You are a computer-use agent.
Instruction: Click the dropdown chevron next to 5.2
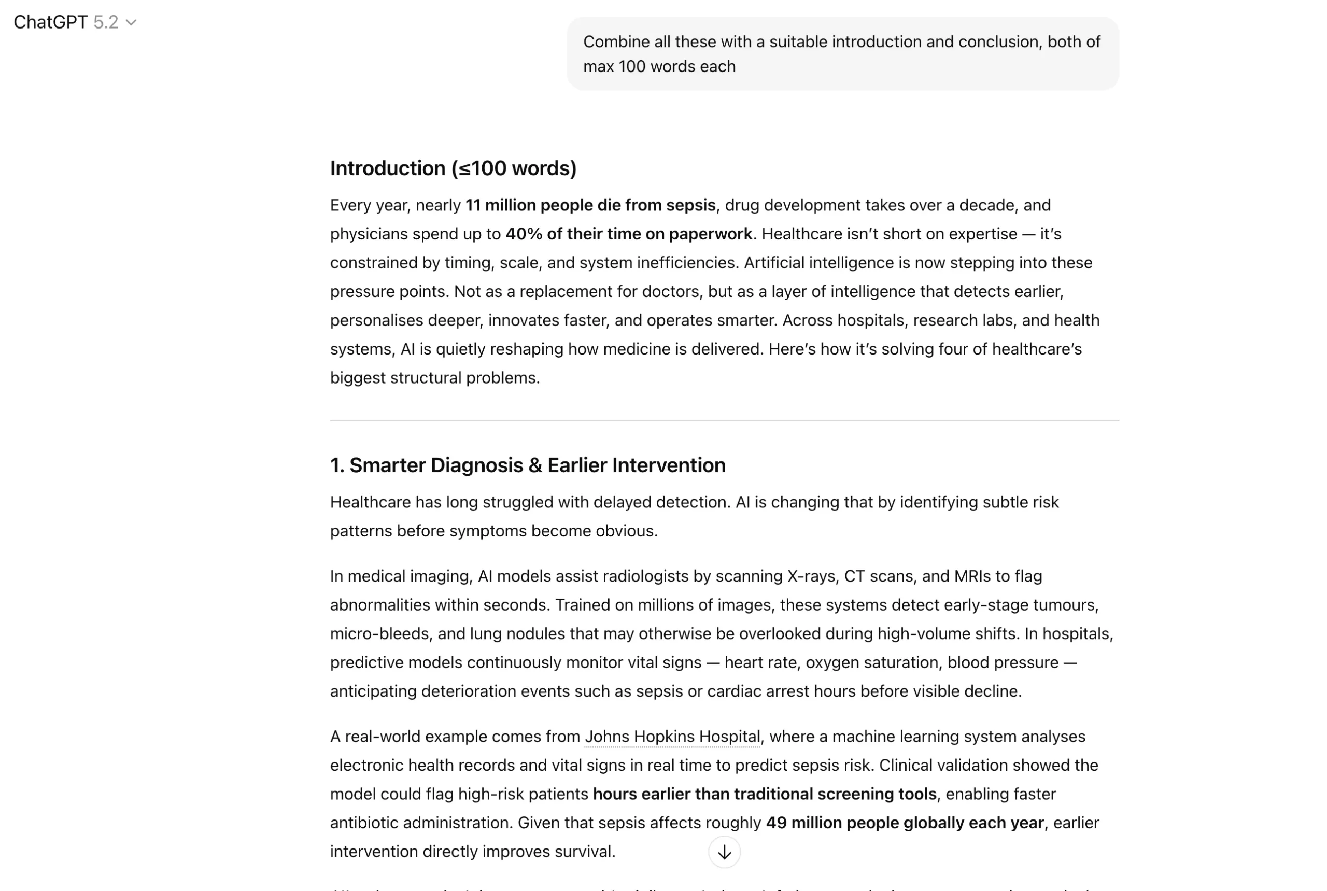tap(131, 23)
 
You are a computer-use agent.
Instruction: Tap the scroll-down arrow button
tap(724, 852)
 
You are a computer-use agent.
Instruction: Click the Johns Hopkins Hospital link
tap(672, 737)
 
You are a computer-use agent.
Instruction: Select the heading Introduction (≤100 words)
tap(453, 168)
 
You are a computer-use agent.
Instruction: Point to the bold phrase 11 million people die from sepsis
tap(590, 205)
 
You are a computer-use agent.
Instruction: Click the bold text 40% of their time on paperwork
tap(629, 234)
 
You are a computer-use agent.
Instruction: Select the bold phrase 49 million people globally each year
tap(905, 823)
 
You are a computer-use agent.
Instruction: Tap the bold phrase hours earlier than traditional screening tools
tap(765, 794)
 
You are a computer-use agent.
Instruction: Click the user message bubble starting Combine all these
tap(842, 54)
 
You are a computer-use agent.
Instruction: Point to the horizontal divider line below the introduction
tap(724, 421)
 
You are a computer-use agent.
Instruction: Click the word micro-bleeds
tap(379, 633)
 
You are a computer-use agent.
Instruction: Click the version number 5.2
tap(106, 22)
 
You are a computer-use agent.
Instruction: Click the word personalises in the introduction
tap(376, 320)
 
